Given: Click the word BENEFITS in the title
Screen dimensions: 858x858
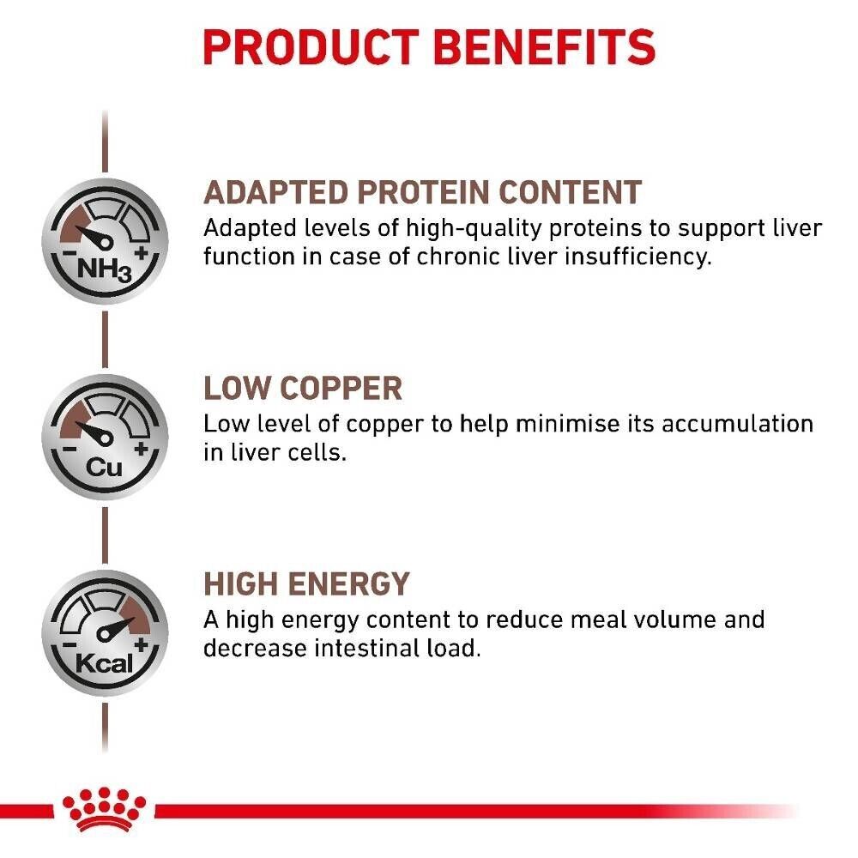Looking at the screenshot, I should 549,47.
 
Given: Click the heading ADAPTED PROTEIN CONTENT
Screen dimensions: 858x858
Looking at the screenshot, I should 422,192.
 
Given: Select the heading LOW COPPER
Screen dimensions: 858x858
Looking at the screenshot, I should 302,389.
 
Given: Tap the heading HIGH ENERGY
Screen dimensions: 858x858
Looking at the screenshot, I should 306,584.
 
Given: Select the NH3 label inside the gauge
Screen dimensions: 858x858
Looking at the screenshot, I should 104,271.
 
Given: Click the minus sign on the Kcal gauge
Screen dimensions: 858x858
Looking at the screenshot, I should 68,646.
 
